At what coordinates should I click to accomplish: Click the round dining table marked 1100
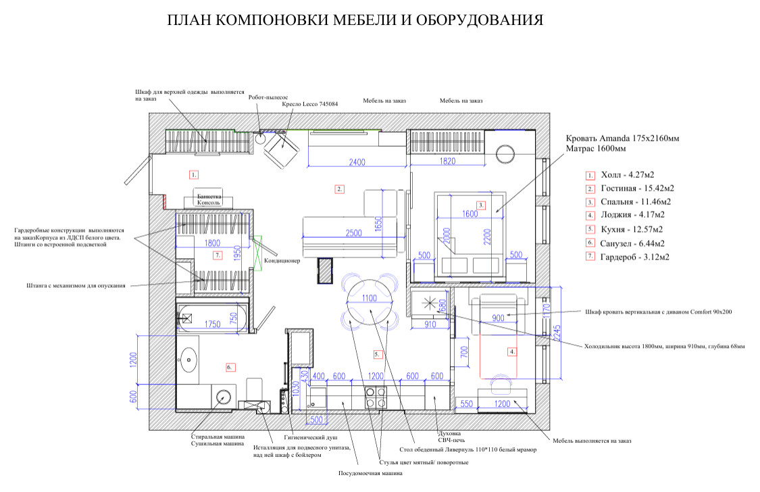[370, 298]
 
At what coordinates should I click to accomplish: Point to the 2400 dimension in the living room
[357, 162]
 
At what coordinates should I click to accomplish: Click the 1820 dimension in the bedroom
[447, 162]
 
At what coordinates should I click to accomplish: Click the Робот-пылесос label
[268, 97]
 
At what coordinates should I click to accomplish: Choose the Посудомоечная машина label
[370, 473]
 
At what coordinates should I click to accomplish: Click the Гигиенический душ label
[314, 437]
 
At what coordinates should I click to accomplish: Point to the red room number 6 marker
[229, 367]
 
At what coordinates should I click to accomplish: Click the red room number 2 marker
[340, 189]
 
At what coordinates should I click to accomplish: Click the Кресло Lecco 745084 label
[309, 104]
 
